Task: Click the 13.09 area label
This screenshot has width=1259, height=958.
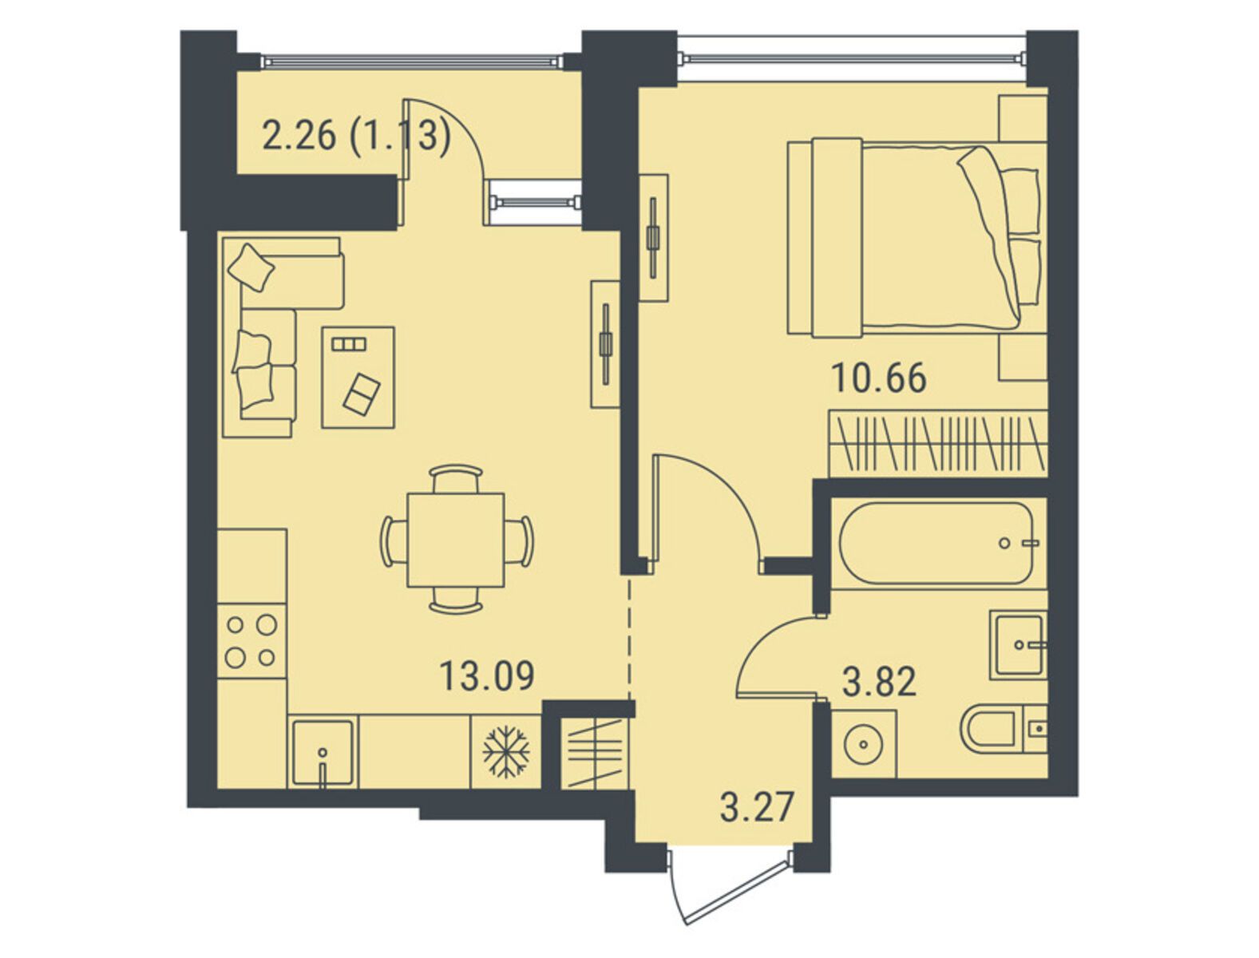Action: point(486,675)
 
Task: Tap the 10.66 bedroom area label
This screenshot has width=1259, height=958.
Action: point(879,378)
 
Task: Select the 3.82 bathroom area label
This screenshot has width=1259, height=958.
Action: point(879,683)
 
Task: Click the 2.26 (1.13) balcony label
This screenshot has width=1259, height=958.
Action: point(355,137)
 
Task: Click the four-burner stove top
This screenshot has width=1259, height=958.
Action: point(251,641)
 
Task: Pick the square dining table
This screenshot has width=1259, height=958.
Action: point(455,540)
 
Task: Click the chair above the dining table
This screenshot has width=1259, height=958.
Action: point(456,477)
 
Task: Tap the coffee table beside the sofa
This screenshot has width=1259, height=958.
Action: point(358,377)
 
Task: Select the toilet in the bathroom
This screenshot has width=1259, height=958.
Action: point(1004,732)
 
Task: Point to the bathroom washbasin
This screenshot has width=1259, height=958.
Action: point(1018,644)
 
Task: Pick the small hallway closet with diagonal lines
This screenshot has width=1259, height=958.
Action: point(594,753)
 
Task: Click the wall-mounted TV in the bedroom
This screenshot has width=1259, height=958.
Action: point(653,237)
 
